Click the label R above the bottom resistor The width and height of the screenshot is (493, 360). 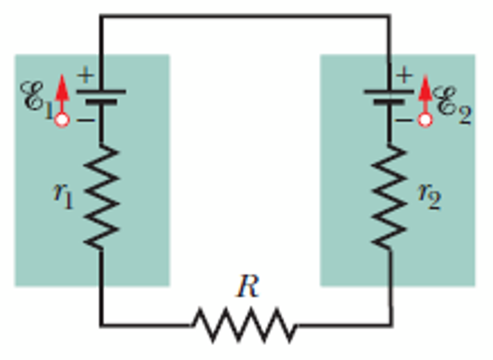(x=248, y=288)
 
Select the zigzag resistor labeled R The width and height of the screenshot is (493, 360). (x=245, y=326)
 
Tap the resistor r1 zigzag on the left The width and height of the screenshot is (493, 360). (x=101, y=197)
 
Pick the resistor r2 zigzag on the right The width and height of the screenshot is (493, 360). (x=389, y=197)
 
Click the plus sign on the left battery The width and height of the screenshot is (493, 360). (x=85, y=75)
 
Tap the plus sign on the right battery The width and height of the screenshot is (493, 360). (x=404, y=75)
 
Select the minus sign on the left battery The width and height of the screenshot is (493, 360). (x=85, y=119)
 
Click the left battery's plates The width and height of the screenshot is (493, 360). (x=101, y=96)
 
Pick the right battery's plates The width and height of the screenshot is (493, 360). (x=389, y=96)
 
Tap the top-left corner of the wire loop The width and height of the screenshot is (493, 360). (x=101, y=16)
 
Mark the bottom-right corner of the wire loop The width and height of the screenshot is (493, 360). (x=390, y=326)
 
